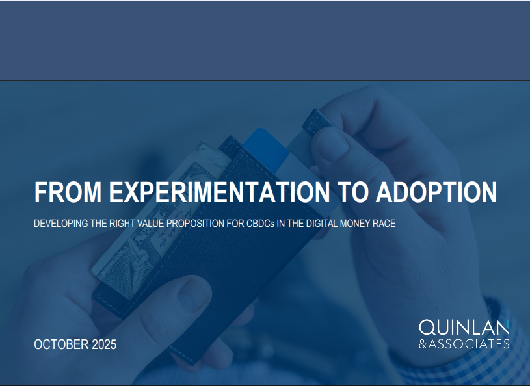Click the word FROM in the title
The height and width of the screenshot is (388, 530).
(68, 192)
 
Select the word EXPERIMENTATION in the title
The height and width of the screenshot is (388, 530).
(219, 192)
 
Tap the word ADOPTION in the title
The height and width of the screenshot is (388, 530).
(436, 192)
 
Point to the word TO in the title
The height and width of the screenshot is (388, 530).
(352, 192)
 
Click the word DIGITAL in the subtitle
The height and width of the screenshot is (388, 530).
(322, 224)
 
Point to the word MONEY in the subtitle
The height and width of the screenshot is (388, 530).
(355, 224)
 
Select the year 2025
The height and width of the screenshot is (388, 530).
(104, 344)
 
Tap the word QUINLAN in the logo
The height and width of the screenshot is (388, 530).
(464, 328)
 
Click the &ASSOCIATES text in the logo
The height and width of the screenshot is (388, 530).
(464, 344)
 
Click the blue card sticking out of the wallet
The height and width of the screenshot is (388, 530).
(267, 149)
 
